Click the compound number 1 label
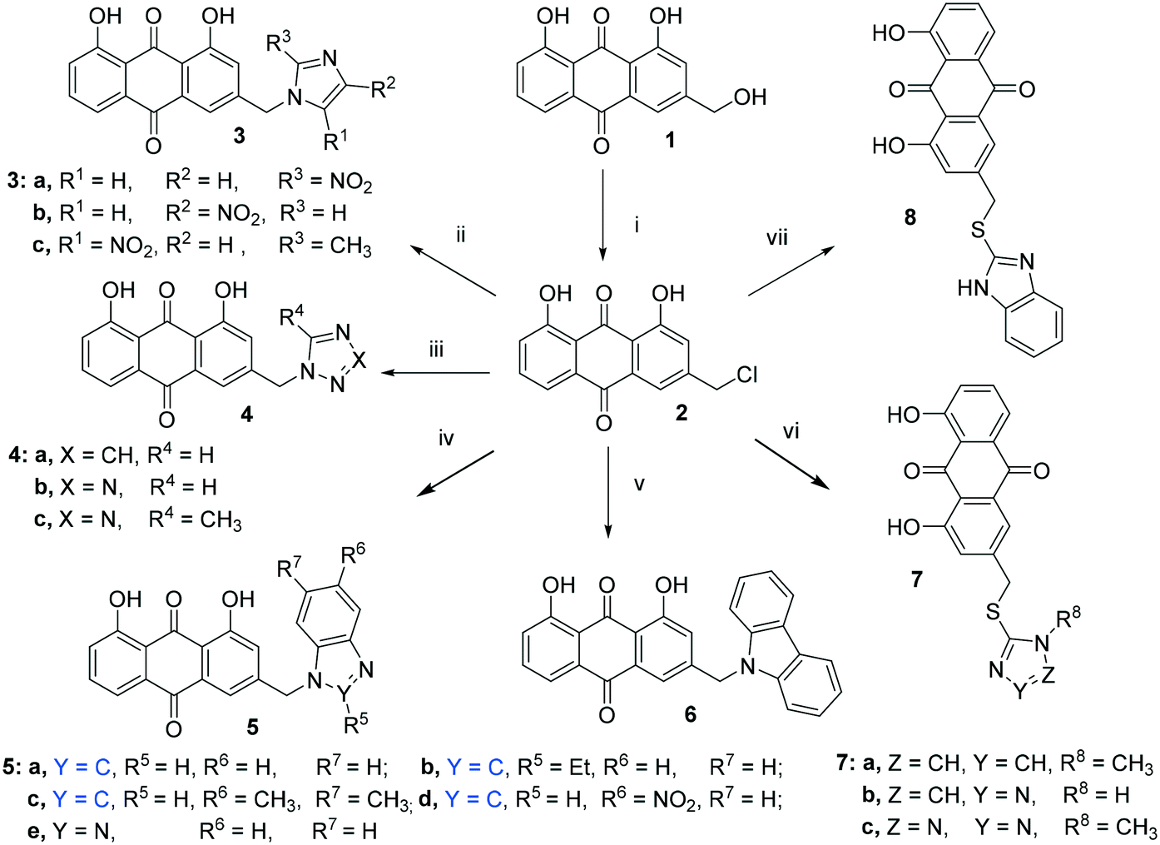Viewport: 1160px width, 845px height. coord(670,140)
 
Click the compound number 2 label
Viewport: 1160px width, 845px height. coord(681,413)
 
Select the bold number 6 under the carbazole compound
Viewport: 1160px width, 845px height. coord(690,714)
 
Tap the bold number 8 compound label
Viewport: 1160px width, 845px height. coord(910,218)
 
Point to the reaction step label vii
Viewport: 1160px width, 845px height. coord(776,239)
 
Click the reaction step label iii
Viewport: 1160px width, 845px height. coord(436,350)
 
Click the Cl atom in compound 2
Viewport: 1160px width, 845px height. coord(746,375)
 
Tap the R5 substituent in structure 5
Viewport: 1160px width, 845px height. coord(356,723)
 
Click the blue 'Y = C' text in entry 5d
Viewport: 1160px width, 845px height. coord(475,800)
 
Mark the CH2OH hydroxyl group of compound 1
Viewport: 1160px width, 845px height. coord(749,97)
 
